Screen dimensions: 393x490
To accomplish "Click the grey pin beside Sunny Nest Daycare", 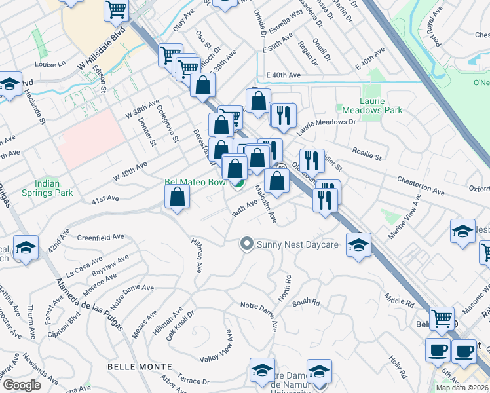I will pos(246,244).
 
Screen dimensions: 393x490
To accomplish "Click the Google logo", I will pos(22,385).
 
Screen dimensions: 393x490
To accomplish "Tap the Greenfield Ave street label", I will pos(100,237).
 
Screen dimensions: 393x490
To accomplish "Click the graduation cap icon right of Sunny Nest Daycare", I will pos(358,245).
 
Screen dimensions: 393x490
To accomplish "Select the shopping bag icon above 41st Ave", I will pos(178,196).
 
